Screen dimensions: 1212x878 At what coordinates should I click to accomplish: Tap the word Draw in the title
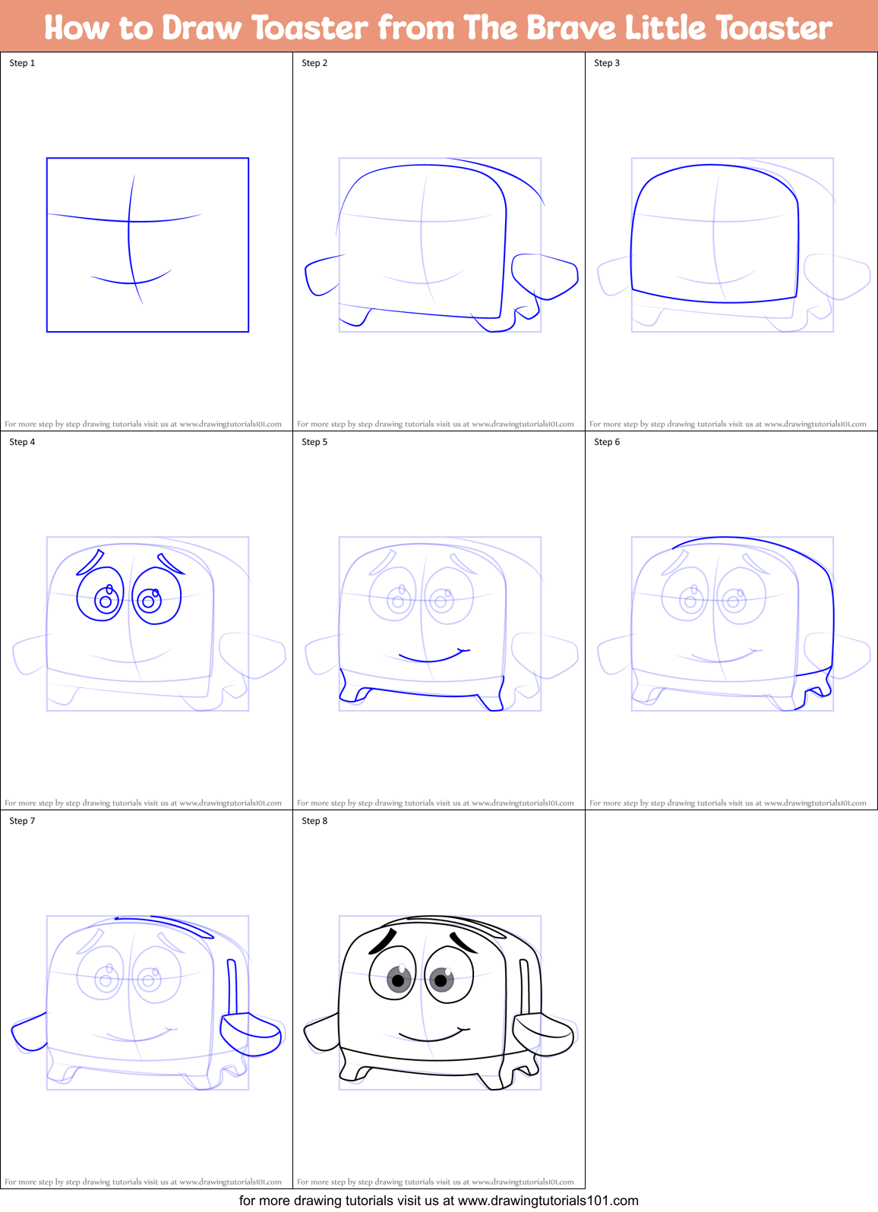coord(201,28)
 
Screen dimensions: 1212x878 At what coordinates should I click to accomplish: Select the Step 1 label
coord(22,63)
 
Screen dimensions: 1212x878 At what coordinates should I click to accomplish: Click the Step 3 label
coord(607,63)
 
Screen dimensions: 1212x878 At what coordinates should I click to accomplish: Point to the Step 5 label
coord(314,442)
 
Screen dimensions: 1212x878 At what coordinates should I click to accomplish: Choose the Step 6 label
coord(607,442)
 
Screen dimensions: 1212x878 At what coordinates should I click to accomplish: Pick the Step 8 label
coord(314,821)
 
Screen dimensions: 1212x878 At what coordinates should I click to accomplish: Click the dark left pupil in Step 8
coord(398,980)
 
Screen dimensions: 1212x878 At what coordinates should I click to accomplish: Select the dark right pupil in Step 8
coord(441,980)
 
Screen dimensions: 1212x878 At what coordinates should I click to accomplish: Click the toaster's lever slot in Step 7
coord(232,986)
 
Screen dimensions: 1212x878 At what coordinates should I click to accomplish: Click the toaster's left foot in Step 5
coord(352,693)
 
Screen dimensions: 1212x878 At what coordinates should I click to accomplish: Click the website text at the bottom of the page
coord(438,1201)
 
